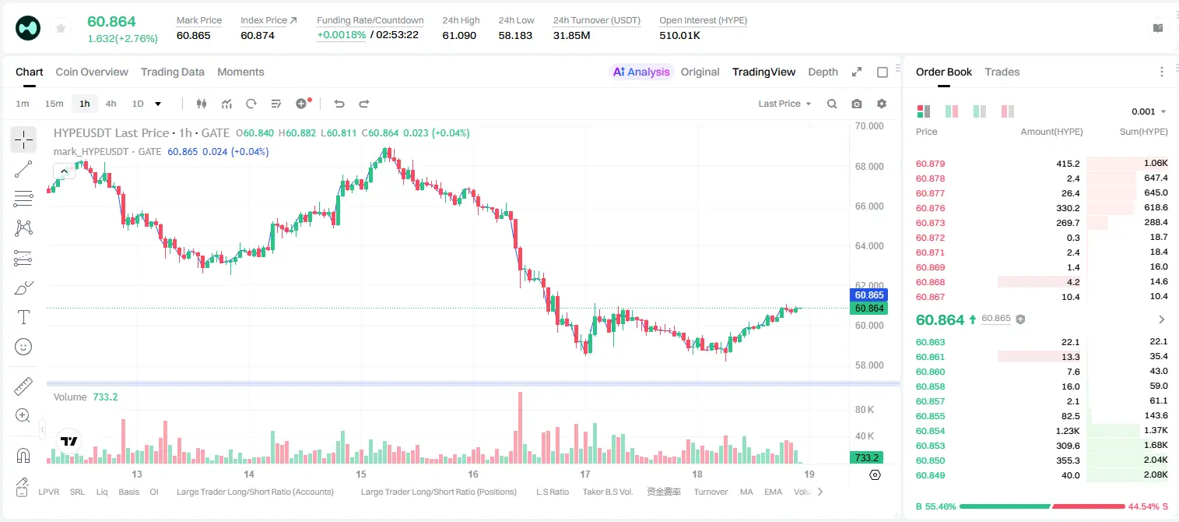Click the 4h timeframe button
pyautogui.click(x=111, y=104)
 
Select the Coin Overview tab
pyautogui.click(x=92, y=72)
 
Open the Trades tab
pyautogui.click(x=1002, y=72)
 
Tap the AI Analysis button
pyautogui.click(x=641, y=72)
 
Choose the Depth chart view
pyautogui.click(x=823, y=72)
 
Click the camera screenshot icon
pyautogui.click(x=857, y=104)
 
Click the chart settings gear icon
pyautogui.click(x=882, y=104)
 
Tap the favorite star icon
pyautogui.click(x=61, y=28)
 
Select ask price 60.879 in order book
pyautogui.click(x=930, y=164)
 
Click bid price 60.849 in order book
pyautogui.click(x=930, y=475)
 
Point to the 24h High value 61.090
pyautogui.click(x=459, y=35)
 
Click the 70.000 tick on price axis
pyautogui.click(x=869, y=126)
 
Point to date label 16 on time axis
pyautogui.click(x=472, y=474)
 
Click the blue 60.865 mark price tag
pyautogui.click(x=869, y=295)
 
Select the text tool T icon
pyautogui.click(x=23, y=317)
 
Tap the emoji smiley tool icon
pyautogui.click(x=23, y=347)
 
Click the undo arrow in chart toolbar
pyautogui.click(x=339, y=104)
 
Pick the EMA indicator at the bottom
pyautogui.click(x=773, y=492)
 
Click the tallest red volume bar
pyautogui.click(x=520, y=427)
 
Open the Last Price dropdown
pyautogui.click(x=784, y=104)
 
